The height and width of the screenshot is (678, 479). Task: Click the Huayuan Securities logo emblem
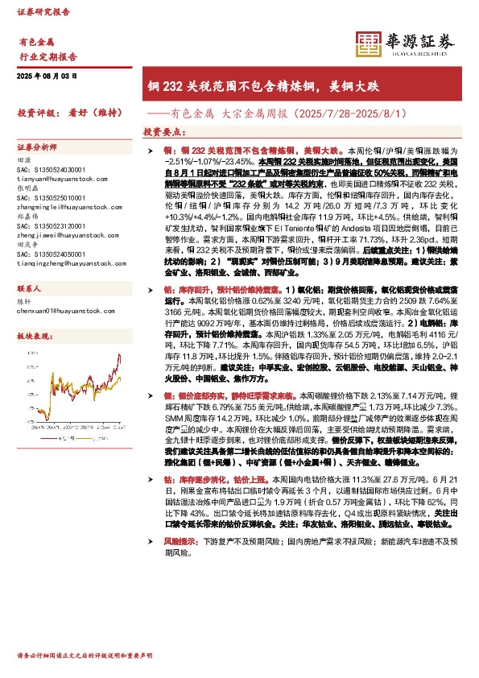[369, 43]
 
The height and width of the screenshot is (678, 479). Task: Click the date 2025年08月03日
[47, 75]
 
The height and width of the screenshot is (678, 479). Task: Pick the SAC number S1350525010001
[50, 197]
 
